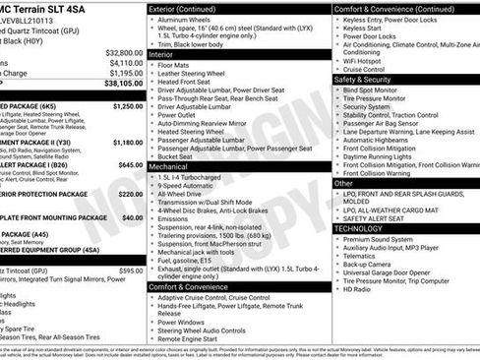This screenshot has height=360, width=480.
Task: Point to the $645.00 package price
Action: point(130,165)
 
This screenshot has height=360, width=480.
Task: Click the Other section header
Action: point(343,183)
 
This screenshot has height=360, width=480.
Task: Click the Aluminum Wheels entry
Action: point(187,20)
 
